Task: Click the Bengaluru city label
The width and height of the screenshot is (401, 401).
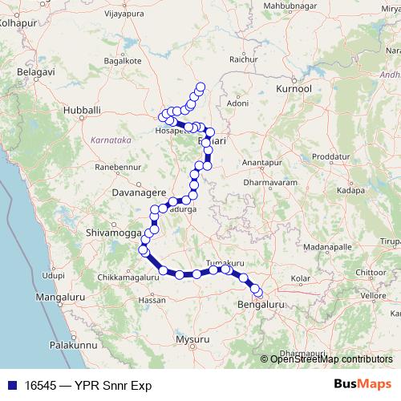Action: pos(261,306)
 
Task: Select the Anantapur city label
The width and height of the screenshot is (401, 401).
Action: pos(257,162)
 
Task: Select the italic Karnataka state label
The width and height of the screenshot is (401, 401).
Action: pos(111,139)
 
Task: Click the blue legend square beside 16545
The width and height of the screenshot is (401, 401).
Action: pos(10,385)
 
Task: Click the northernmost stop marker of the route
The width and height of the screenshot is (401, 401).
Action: pos(200,87)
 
